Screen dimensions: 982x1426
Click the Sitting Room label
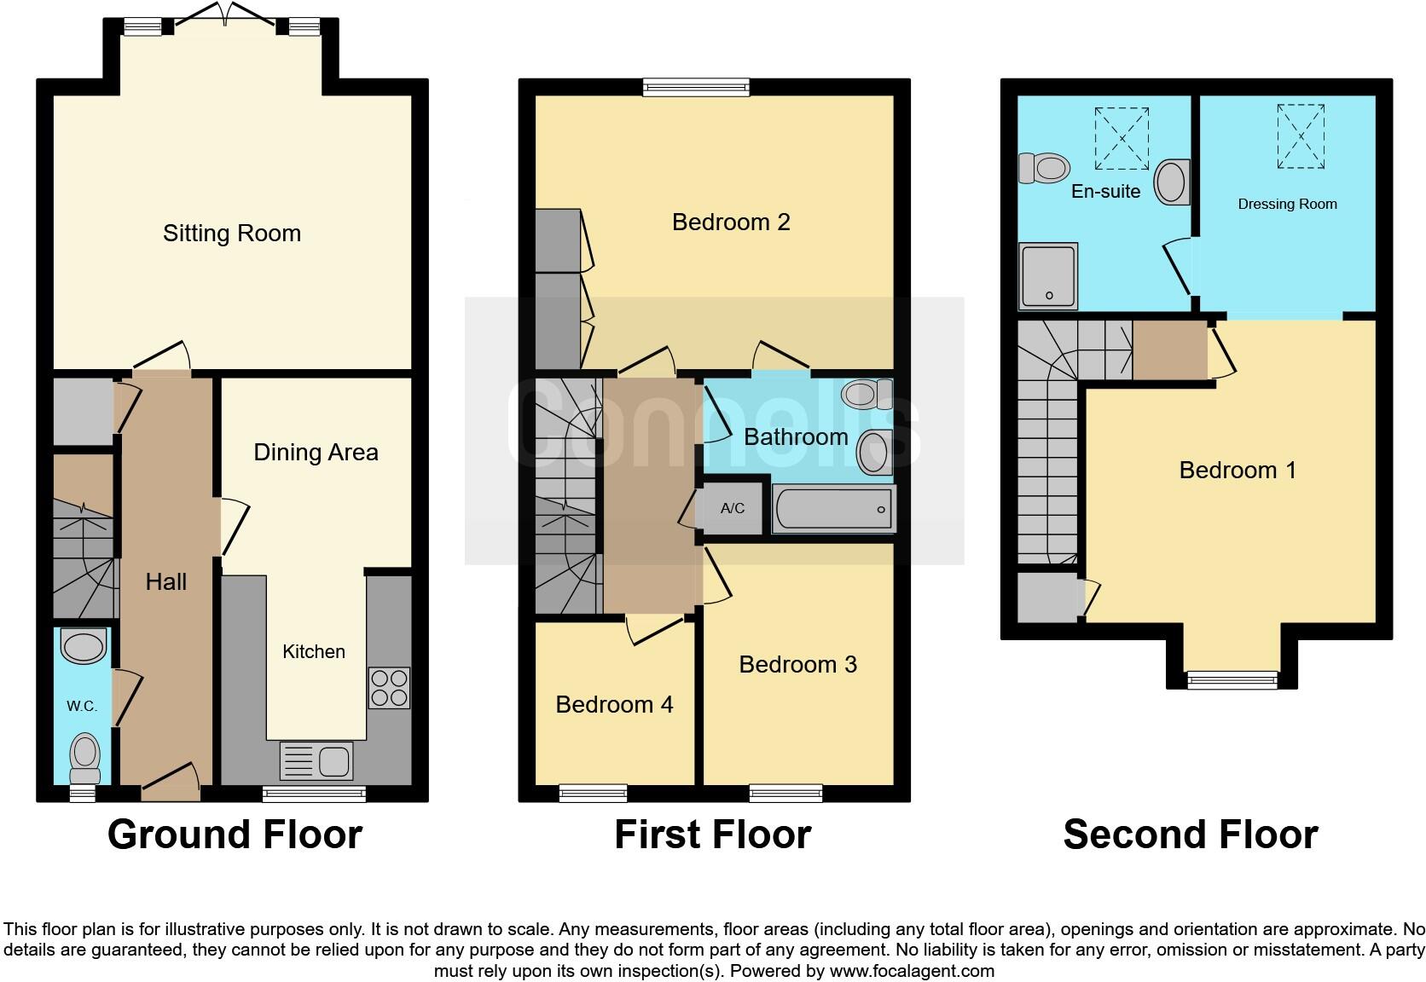(232, 234)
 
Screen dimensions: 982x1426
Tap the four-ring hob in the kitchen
(389, 688)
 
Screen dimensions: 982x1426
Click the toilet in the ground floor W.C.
(84, 757)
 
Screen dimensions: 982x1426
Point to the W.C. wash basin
(84, 646)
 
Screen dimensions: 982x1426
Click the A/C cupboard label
(732, 509)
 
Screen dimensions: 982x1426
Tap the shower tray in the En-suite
(1048, 276)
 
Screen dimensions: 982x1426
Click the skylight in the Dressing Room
(1301, 136)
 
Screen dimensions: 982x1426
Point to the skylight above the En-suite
(1122, 138)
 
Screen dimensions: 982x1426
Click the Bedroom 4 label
(614, 704)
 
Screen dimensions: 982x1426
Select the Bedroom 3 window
(785, 793)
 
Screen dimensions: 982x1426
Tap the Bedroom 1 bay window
(1232, 679)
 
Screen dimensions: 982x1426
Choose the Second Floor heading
(1190, 834)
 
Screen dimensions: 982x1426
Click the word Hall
(165, 581)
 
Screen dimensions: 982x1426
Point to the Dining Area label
(316, 453)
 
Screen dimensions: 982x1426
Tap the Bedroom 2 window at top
(696, 86)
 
